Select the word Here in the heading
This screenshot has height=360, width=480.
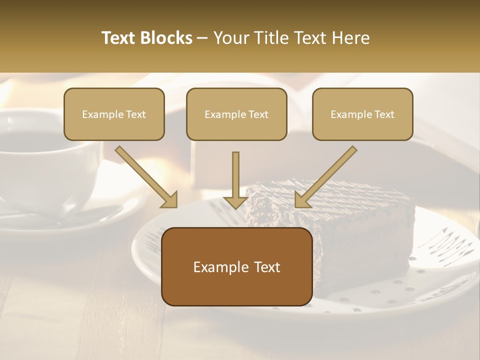351,38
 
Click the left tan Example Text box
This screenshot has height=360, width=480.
114,114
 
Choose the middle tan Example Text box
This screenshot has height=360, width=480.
236,114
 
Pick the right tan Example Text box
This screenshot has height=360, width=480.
362,114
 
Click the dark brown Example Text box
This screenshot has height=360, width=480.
236,266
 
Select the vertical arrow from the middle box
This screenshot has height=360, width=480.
235,179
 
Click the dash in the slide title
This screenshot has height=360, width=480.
202,38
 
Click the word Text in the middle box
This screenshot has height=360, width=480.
258,114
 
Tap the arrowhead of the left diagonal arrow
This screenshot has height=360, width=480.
168,199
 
